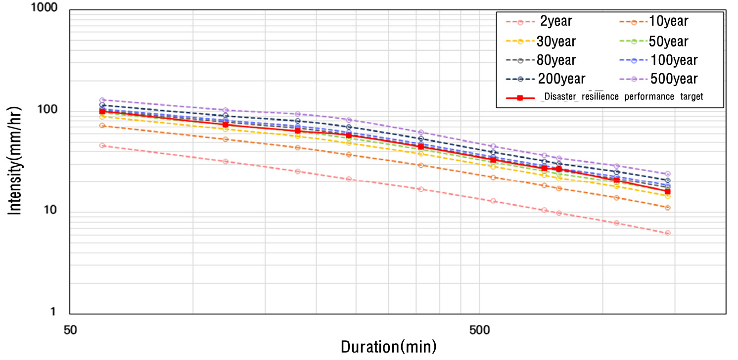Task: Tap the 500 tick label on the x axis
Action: point(479,329)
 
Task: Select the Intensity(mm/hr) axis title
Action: point(16,161)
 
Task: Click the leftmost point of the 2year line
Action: point(102,145)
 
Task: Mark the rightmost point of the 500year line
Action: point(667,174)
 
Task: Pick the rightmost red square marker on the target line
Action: point(667,191)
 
